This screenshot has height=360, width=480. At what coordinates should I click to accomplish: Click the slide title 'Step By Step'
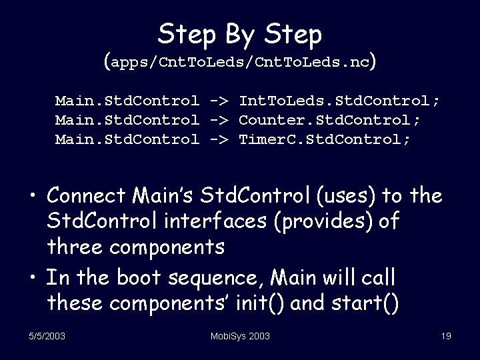click(x=240, y=33)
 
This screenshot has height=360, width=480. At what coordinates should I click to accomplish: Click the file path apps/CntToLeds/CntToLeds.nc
click(x=240, y=63)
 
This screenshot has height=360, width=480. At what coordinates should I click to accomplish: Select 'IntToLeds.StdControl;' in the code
click(x=339, y=101)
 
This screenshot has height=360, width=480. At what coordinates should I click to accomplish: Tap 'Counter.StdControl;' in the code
click(x=329, y=120)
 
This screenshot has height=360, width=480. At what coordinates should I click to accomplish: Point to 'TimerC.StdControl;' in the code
click(x=325, y=139)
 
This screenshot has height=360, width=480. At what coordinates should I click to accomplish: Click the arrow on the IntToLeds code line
click(x=219, y=101)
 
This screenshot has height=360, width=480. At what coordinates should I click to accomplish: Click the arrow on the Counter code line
click(x=219, y=120)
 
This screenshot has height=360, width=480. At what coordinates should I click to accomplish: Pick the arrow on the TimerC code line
click(x=219, y=139)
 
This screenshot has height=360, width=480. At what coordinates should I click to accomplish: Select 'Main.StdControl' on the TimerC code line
click(x=127, y=139)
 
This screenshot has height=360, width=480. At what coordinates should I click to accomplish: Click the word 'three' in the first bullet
click(x=73, y=246)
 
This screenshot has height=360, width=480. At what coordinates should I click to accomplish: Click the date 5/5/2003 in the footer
click(x=46, y=336)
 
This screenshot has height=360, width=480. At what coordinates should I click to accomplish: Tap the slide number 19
click(x=445, y=336)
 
